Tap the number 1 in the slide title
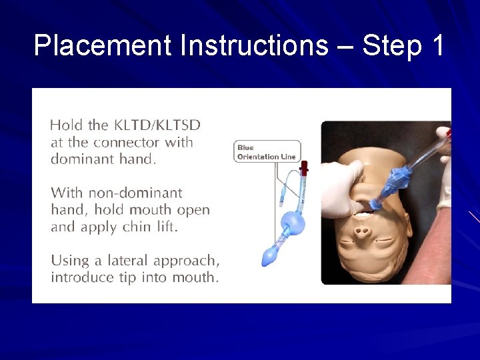tap(437, 46)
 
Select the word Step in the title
tap(391, 46)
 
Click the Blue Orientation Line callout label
tap(267, 152)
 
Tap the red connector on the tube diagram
tap(304, 167)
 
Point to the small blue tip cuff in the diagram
tap(270, 255)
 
